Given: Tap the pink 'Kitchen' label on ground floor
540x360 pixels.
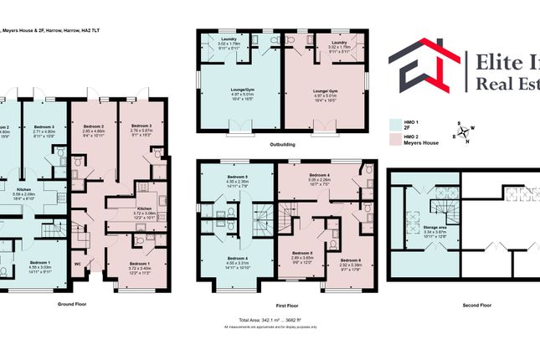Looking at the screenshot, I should [144, 208].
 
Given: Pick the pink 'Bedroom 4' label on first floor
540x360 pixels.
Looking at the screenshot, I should [319, 174].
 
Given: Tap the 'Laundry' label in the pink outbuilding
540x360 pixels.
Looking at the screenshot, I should [339, 42].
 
